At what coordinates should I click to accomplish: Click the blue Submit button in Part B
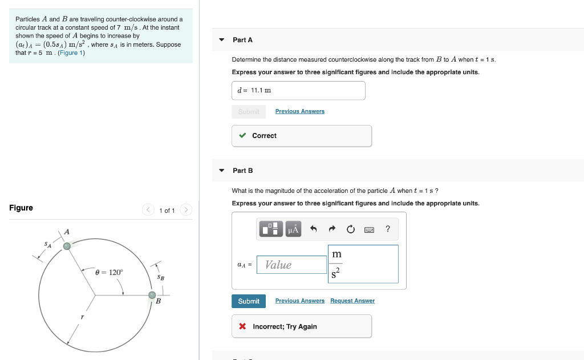coord(249,301)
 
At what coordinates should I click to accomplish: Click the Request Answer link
coord(352,301)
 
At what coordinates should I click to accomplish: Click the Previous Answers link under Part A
coord(299,111)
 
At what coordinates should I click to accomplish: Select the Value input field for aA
coord(291,265)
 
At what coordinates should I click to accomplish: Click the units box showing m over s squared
coord(363,264)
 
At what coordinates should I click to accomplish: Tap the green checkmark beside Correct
coord(243,136)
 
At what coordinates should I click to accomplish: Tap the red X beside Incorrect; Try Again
coord(243,327)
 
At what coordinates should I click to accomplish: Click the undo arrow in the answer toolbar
coord(313,229)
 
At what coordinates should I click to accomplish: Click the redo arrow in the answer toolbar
coord(332,229)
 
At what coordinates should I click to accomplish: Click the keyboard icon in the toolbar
coord(369,229)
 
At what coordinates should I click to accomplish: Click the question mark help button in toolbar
coord(388,229)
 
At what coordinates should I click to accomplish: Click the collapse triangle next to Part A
coord(221,40)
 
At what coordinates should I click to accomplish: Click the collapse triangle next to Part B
coord(221,171)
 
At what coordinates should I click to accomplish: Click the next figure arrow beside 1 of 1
coord(186,211)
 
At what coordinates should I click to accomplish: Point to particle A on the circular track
coord(67,246)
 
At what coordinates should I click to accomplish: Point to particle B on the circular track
coord(152,295)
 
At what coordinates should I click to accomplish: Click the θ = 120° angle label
coord(109,273)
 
